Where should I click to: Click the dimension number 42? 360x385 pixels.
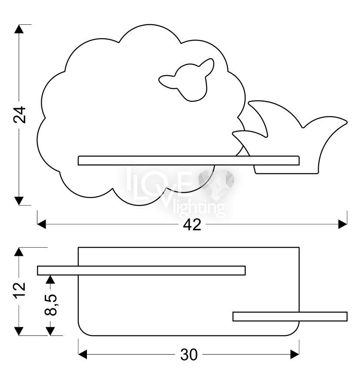(191, 225)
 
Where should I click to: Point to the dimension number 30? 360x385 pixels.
(189, 355)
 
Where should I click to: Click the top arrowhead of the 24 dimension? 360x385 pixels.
(18, 30)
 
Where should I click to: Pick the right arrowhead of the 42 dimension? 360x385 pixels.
(343, 224)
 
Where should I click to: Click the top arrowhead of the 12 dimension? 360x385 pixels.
(18, 252)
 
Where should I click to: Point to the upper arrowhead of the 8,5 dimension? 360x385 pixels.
(50, 279)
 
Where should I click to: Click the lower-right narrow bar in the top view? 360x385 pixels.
(290, 316)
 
